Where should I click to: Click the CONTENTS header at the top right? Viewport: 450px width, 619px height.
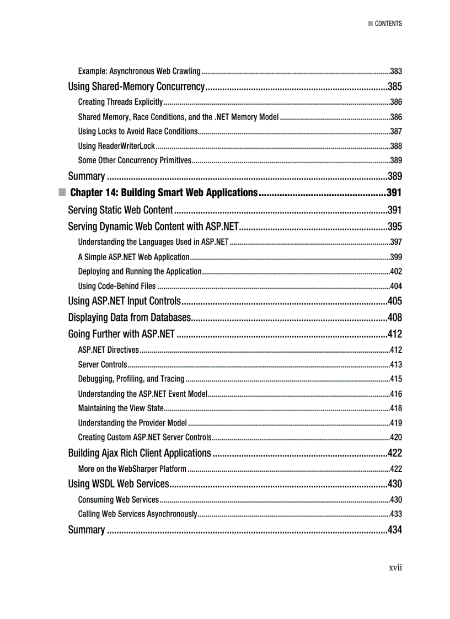(x=388, y=24)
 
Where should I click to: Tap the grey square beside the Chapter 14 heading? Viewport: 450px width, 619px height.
(x=62, y=193)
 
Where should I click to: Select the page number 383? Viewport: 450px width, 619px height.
(x=395, y=71)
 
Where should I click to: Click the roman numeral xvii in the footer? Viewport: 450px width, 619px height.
(x=395, y=567)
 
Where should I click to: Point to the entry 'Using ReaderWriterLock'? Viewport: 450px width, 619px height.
(x=116, y=146)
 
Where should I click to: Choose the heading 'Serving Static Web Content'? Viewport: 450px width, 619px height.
(x=121, y=210)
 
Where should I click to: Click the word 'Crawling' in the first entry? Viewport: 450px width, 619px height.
(x=186, y=71)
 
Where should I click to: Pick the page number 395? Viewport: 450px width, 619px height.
(x=394, y=227)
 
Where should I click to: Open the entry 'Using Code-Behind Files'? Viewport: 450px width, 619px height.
(x=117, y=286)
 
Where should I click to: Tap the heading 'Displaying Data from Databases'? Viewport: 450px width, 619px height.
(x=130, y=317)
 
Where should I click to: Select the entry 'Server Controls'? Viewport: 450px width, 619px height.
(x=103, y=364)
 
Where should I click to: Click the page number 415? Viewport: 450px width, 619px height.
(x=395, y=379)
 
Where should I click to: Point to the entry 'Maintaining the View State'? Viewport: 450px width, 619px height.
(x=121, y=408)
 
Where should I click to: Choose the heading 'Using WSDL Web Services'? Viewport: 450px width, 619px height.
(x=118, y=484)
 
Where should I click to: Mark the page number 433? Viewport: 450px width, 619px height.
(x=395, y=514)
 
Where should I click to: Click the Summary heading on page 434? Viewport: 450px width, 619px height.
(x=86, y=530)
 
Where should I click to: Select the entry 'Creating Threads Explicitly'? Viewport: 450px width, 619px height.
(x=120, y=102)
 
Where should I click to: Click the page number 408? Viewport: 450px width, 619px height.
(x=394, y=317)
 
